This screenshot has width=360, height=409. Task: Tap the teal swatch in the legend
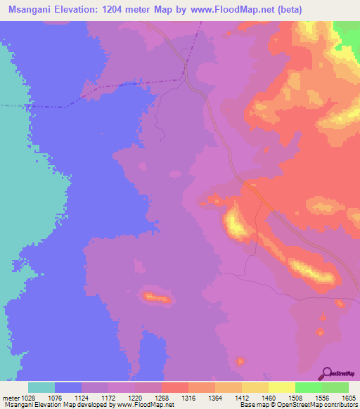pos(41,387)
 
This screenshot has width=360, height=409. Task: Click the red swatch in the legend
pos(175,387)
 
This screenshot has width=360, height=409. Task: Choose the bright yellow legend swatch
pos(282,387)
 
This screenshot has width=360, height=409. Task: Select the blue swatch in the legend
pos(68,387)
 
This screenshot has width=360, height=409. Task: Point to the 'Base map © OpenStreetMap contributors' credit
pos(298,405)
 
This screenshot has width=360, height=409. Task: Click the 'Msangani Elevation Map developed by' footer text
pos(49,405)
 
